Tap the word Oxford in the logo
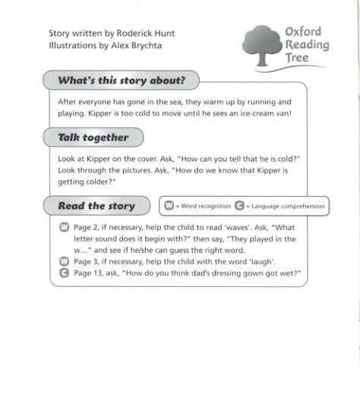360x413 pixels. tap(303, 31)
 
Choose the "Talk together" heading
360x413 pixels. tap(93, 137)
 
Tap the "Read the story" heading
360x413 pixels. tap(96, 205)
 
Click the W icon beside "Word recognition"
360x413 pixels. tap(168, 205)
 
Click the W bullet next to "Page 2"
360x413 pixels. tap(64, 227)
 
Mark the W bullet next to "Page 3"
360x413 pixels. tap(64, 261)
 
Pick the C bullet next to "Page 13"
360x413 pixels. tap(64, 273)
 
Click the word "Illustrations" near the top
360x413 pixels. tap(72, 46)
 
